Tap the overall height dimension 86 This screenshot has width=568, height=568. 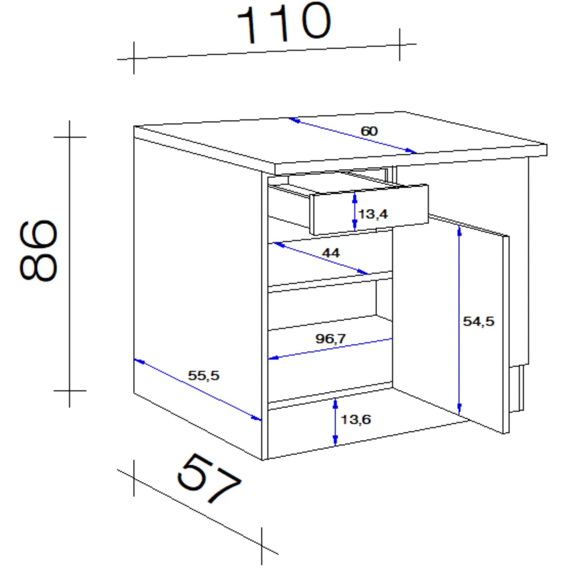38,250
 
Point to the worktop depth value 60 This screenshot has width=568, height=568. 369,131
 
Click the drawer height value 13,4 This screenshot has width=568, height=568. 373,214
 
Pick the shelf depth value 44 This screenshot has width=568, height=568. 331,253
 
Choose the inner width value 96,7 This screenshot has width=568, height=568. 331,338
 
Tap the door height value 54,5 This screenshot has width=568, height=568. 479,321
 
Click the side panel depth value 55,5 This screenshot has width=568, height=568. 204,375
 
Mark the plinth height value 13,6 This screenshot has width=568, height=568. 356,419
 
